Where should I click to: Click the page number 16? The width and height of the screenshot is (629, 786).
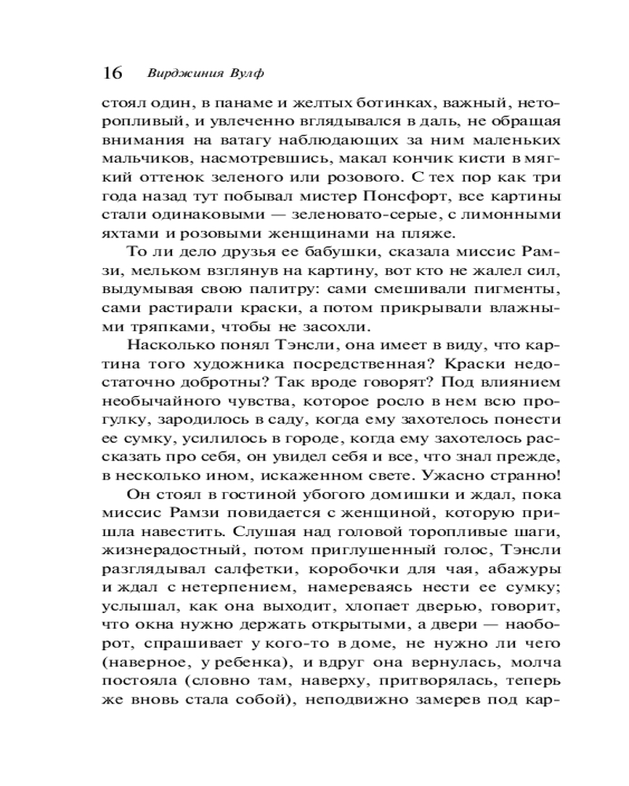coord(112,73)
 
